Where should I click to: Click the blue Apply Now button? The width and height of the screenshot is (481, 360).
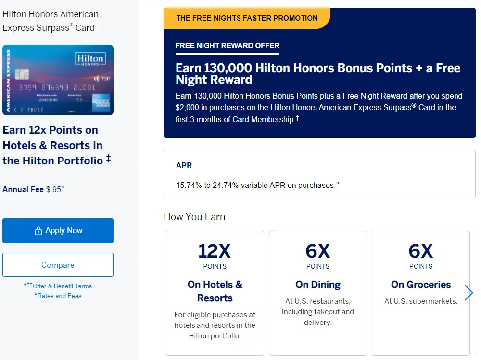[58, 231]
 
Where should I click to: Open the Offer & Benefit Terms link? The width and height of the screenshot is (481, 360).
[62, 286]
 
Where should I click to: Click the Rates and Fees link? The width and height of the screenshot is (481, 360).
[59, 296]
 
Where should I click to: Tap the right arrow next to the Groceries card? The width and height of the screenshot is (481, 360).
[469, 293]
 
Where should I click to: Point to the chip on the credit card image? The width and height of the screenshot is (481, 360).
[22, 74]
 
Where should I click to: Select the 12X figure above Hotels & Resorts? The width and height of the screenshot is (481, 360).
[215, 251]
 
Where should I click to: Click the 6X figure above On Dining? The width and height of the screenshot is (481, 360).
[318, 251]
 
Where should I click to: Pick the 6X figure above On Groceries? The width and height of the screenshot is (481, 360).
[421, 251]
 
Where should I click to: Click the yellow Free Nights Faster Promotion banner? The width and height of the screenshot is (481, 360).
[247, 18]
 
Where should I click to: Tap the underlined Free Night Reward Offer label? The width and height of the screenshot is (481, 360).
[228, 46]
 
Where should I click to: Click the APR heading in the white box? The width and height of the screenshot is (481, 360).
[184, 165]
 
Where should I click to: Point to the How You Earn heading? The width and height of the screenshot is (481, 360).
[194, 217]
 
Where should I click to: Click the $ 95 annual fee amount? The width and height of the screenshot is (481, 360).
[54, 189]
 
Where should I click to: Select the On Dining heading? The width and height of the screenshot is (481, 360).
[318, 285]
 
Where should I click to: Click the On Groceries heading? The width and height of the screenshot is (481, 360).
[421, 285]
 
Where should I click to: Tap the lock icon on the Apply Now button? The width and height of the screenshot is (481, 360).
[38, 231]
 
